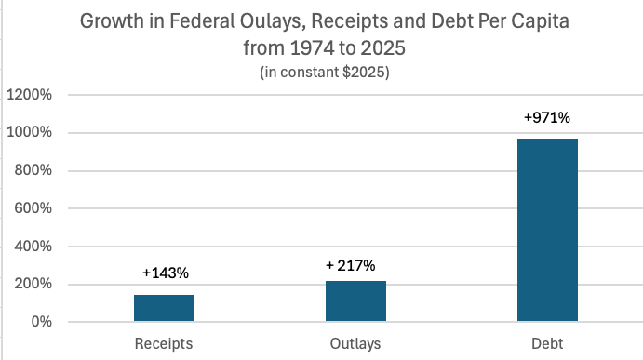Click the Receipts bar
coord(164,308)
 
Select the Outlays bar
coord(355,300)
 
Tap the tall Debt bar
coord(547,230)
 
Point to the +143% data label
coord(166,273)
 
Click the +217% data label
coord(351,266)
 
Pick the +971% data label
coord(547,118)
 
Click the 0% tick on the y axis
coord(42,322)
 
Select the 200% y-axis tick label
coord(33,284)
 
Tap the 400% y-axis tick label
coord(33,246)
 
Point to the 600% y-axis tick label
coord(33,207)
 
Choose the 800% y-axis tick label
coord(33,169)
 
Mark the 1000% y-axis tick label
coord(30,132)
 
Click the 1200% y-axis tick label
coord(30,95)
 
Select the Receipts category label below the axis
coord(164,343)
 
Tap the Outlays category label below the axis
coord(355,343)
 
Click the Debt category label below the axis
coord(547,343)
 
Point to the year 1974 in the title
coord(312,48)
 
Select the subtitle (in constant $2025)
coord(325,73)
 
